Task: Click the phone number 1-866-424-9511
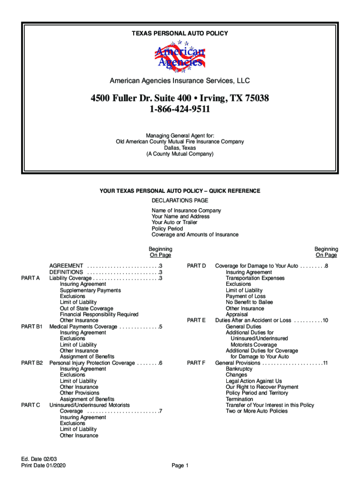pos(180,110)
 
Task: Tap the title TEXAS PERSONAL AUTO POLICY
pos(180,34)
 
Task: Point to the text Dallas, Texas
pos(180,148)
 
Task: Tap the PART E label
pos(196,320)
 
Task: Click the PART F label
pos(196,363)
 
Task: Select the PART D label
pos(196,266)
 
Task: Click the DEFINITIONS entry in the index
pos(66,272)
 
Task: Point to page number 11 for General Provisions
pos(325,363)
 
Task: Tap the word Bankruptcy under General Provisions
pos(239,369)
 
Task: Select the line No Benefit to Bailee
pos(249,303)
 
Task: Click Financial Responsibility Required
pos(99,315)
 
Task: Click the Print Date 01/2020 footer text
pos(41,465)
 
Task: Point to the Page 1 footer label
pos(180,465)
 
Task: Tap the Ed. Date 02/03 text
pos(36,459)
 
